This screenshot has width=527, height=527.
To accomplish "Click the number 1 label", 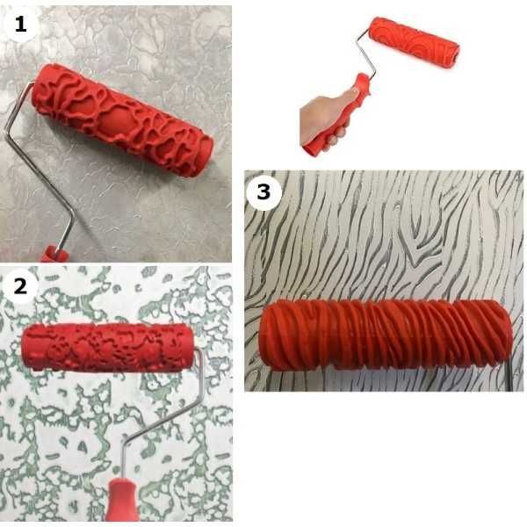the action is [20, 25].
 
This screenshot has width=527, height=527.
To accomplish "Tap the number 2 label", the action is [20, 286].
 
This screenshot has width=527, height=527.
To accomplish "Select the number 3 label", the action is [263, 191].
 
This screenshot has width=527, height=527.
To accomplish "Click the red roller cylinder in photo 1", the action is [122, 119].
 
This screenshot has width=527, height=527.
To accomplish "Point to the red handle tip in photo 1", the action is [54, 254].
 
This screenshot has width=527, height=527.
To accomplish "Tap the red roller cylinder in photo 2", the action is [107, 348].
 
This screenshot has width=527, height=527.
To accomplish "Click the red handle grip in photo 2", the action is [121, 500].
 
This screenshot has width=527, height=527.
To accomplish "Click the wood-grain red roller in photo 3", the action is [386, 336].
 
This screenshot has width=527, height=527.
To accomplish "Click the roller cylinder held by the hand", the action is [414, 43].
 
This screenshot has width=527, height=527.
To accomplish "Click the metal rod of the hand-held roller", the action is [366, 54].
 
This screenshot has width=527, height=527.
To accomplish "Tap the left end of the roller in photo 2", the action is [26, 346].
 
